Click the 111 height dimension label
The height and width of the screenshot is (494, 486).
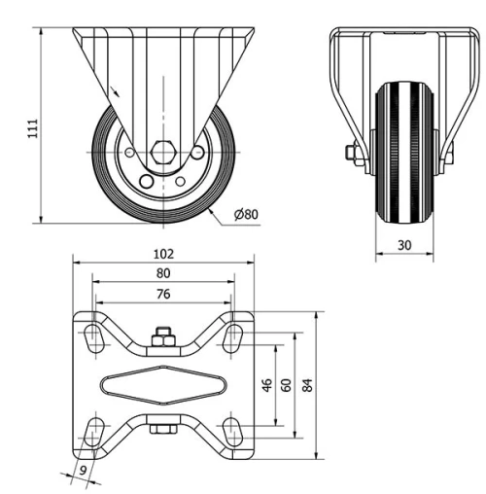(x=32, y=125)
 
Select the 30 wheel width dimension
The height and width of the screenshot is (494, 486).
(x=404, y=247)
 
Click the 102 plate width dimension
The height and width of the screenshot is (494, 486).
(x=163, y=253)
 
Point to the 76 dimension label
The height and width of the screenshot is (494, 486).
(x=163, y=295)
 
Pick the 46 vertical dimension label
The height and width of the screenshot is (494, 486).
(x=266, y=384)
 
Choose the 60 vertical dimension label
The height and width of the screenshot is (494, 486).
(x=286, y=384)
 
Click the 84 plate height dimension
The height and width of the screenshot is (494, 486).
(x=308, y=384)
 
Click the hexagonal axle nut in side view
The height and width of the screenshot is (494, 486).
(x=162, y=153)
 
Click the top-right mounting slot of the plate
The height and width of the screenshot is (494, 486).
(x=232, y=336)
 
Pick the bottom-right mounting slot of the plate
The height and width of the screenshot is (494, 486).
(x=232, y=431)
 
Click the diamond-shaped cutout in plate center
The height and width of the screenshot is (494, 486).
(x=163, y=384)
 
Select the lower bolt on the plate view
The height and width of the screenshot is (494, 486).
(x=163, y=428)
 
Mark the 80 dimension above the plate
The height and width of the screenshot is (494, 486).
(x=163, y=273)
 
